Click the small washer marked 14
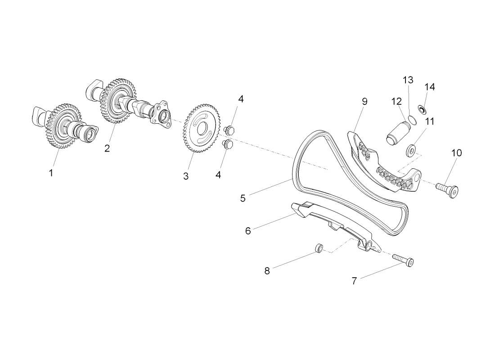coord(423,109)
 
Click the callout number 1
coord(51,173)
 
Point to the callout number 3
coord(186,176)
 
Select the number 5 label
coord(243,198)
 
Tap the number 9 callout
coord(364,102)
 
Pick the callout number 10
coord(456,153)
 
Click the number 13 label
coord(408,80)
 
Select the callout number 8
coord(267,271)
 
